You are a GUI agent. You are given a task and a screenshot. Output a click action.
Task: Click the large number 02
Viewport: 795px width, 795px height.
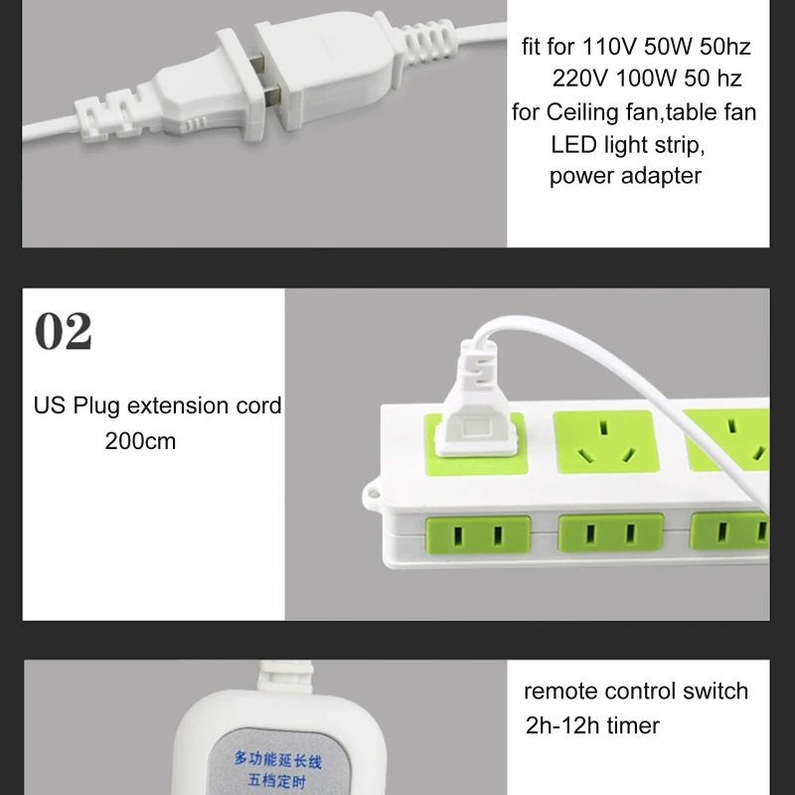click(63, 332)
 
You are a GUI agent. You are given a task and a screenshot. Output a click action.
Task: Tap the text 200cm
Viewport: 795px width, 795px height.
click(140, 440)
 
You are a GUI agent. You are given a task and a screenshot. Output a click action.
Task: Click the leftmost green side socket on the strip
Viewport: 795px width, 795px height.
click(478, 536)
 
